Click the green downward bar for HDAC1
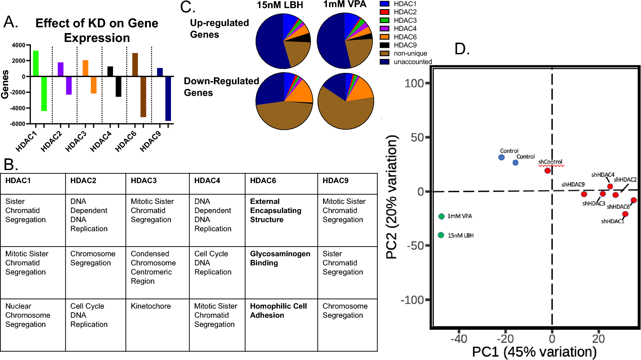pos(44,94)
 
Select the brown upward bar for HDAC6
pos(135,64)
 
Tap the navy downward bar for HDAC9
pos(168,99)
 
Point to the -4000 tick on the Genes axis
pos(19,108)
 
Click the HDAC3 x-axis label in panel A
pos(76,141)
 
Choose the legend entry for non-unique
pos(410,53)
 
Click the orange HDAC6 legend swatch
pos(385,37)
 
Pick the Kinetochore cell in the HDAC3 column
pos(150,306)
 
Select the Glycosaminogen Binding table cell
pos(280,258)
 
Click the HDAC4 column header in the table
pos(207,180)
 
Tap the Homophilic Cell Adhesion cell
pos(278,311)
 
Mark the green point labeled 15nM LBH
pos(441,235)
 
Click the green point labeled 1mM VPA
pos(441,216)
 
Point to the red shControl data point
pos(547,171)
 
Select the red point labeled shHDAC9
pos(584,194)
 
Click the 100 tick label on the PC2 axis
pos(414,83)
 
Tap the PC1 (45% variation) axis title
pos(534,352)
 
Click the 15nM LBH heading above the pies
pos(280,5)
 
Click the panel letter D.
pos(462,49)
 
